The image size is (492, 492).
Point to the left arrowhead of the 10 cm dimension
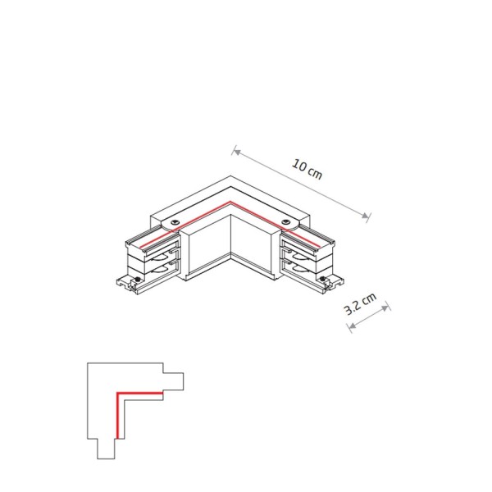coord(235,151)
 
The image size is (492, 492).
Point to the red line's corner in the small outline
coord(119,396)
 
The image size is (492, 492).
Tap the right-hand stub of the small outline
coord(173,382)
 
